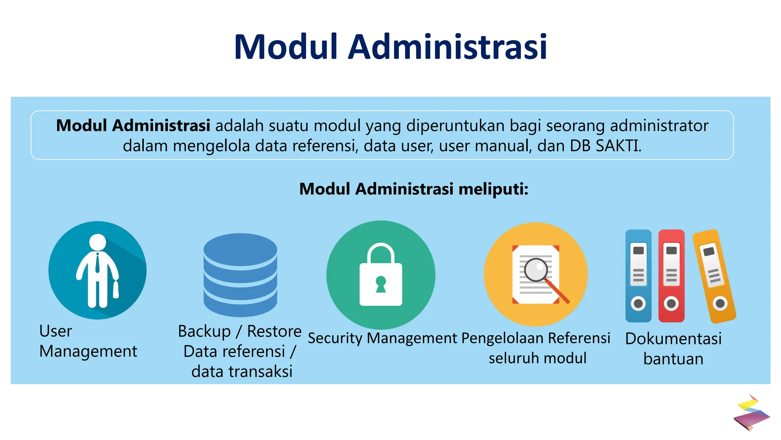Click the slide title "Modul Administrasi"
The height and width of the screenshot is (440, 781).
(x=390, y=47)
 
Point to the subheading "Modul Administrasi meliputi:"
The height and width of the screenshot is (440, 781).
(x=414, y=189)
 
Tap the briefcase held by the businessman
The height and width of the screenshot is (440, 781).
(x=116, y=290)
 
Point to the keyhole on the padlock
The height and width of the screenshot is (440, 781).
(x=381, y=284)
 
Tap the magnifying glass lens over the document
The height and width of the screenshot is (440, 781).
(x=536, y=270)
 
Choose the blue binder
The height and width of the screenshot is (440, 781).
(x=638, y=276)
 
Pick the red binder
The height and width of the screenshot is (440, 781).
(x=671, y=276)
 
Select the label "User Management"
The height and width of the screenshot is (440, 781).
(x=88, y=341)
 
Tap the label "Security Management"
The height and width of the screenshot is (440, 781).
(x=382, y=338)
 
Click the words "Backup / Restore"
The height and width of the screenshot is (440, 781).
(x=239, y=332)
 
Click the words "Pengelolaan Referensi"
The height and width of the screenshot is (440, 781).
(x=536, y=338)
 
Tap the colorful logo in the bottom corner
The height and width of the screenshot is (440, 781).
(x=751, y=413)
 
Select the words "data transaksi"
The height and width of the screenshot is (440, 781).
(x=242, y=372)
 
